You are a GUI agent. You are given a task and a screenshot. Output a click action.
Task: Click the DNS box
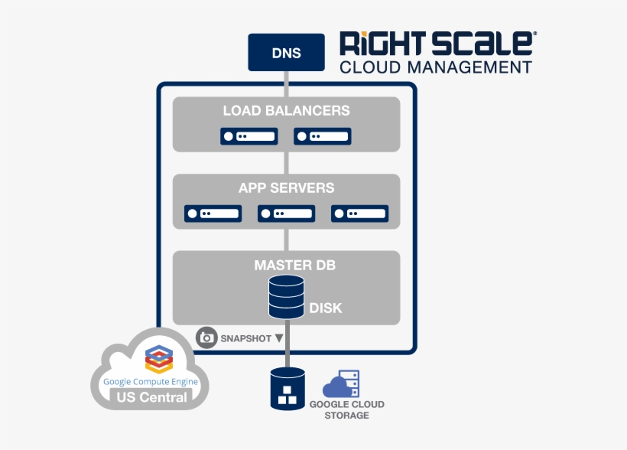[x=286, y=53]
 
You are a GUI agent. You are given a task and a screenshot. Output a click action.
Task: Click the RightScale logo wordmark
[x=438, y=43]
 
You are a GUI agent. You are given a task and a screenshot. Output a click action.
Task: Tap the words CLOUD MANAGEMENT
[x=436, y=67]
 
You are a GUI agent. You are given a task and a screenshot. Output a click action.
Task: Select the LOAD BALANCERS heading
[x=286, y=110]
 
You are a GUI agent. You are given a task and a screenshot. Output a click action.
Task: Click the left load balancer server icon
[x=249, y=136]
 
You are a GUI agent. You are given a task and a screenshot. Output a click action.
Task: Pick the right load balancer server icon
[x=323, y=136]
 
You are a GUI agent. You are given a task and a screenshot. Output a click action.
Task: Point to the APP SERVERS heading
[x=286, y=187]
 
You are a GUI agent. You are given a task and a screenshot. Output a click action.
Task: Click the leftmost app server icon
[x=213, y=214]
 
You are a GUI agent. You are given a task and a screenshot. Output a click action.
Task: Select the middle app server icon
[x=286, y=214]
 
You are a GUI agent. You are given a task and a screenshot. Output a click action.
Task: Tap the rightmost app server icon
[x=360, y=214]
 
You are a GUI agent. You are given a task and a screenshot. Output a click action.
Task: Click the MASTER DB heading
[x=294, y=265]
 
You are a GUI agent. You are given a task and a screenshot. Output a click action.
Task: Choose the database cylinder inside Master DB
[x=286, y=297]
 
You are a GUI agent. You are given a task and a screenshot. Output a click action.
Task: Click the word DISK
[x=326, y=308]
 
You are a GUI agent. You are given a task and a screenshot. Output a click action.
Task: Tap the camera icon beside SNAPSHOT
[x=206, y=338]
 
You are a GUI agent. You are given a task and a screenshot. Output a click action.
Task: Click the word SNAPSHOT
[x=246, y=339]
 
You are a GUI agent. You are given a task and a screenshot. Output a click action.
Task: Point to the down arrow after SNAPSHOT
[x=279, y=338]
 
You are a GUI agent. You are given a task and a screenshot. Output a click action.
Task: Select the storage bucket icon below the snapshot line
[x=288, y=389]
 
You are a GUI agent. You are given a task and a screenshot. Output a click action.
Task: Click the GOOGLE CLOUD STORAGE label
[x=346, y=409]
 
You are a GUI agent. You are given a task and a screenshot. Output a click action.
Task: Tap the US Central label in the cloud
[x=152, y=397]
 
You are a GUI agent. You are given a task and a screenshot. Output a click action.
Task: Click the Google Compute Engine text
[x=151, y=382]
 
